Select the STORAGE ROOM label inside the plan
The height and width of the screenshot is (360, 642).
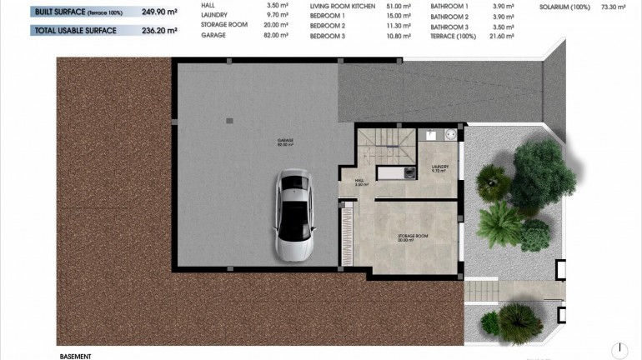(413, 237)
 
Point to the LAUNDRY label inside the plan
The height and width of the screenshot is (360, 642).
(440, 167)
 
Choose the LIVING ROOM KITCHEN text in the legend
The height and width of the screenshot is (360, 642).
(343, 6)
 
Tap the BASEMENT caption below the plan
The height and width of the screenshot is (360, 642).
(75, 355)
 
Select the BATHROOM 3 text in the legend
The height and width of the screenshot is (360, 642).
(449, 27)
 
